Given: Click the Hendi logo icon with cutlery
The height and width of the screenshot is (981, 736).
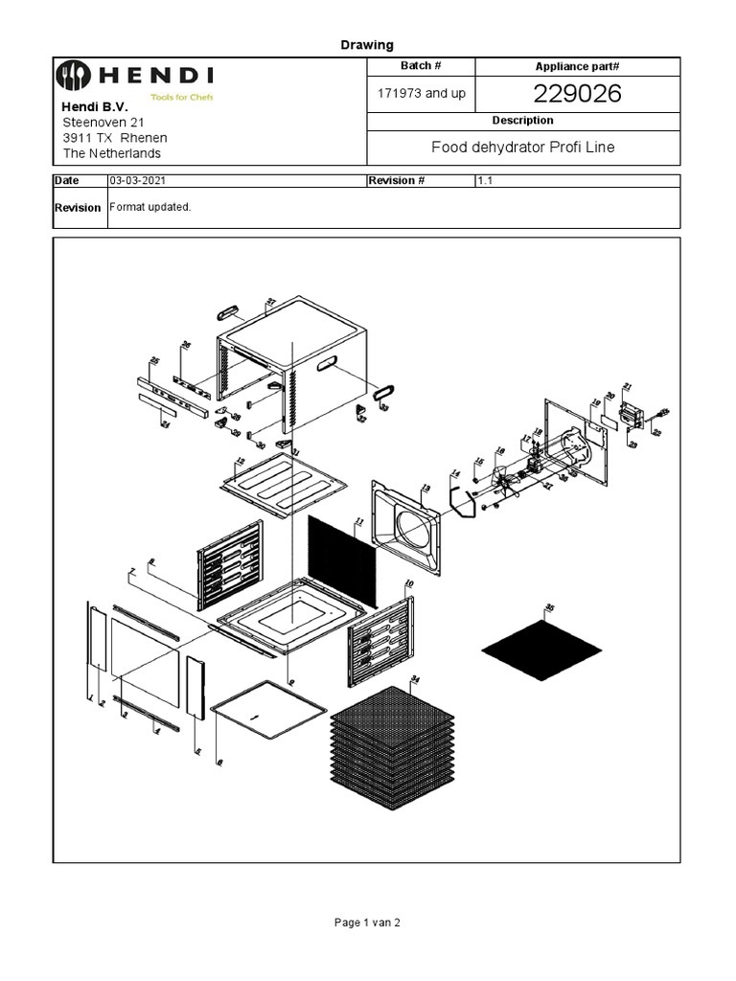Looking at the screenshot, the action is [72, 75].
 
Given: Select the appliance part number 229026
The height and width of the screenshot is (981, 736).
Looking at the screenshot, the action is [578, 93].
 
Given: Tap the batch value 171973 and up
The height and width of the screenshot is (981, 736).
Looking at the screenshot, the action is [423, 94].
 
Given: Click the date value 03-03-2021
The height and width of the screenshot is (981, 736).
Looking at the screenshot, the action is [142, 180].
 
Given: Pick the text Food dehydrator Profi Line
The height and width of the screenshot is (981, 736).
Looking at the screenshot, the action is [522, 147].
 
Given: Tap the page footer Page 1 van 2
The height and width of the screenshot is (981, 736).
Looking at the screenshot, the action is [367, 923].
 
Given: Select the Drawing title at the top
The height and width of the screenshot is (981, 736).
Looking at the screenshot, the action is [367, 45].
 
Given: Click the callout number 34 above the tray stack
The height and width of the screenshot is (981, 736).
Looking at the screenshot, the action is [415, 679].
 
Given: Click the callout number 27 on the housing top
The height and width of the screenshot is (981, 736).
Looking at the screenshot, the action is [271, 302].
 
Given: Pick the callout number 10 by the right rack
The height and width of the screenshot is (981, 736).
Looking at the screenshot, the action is [409, 583].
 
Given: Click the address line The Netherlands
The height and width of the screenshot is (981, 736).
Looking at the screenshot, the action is [112, 153].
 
